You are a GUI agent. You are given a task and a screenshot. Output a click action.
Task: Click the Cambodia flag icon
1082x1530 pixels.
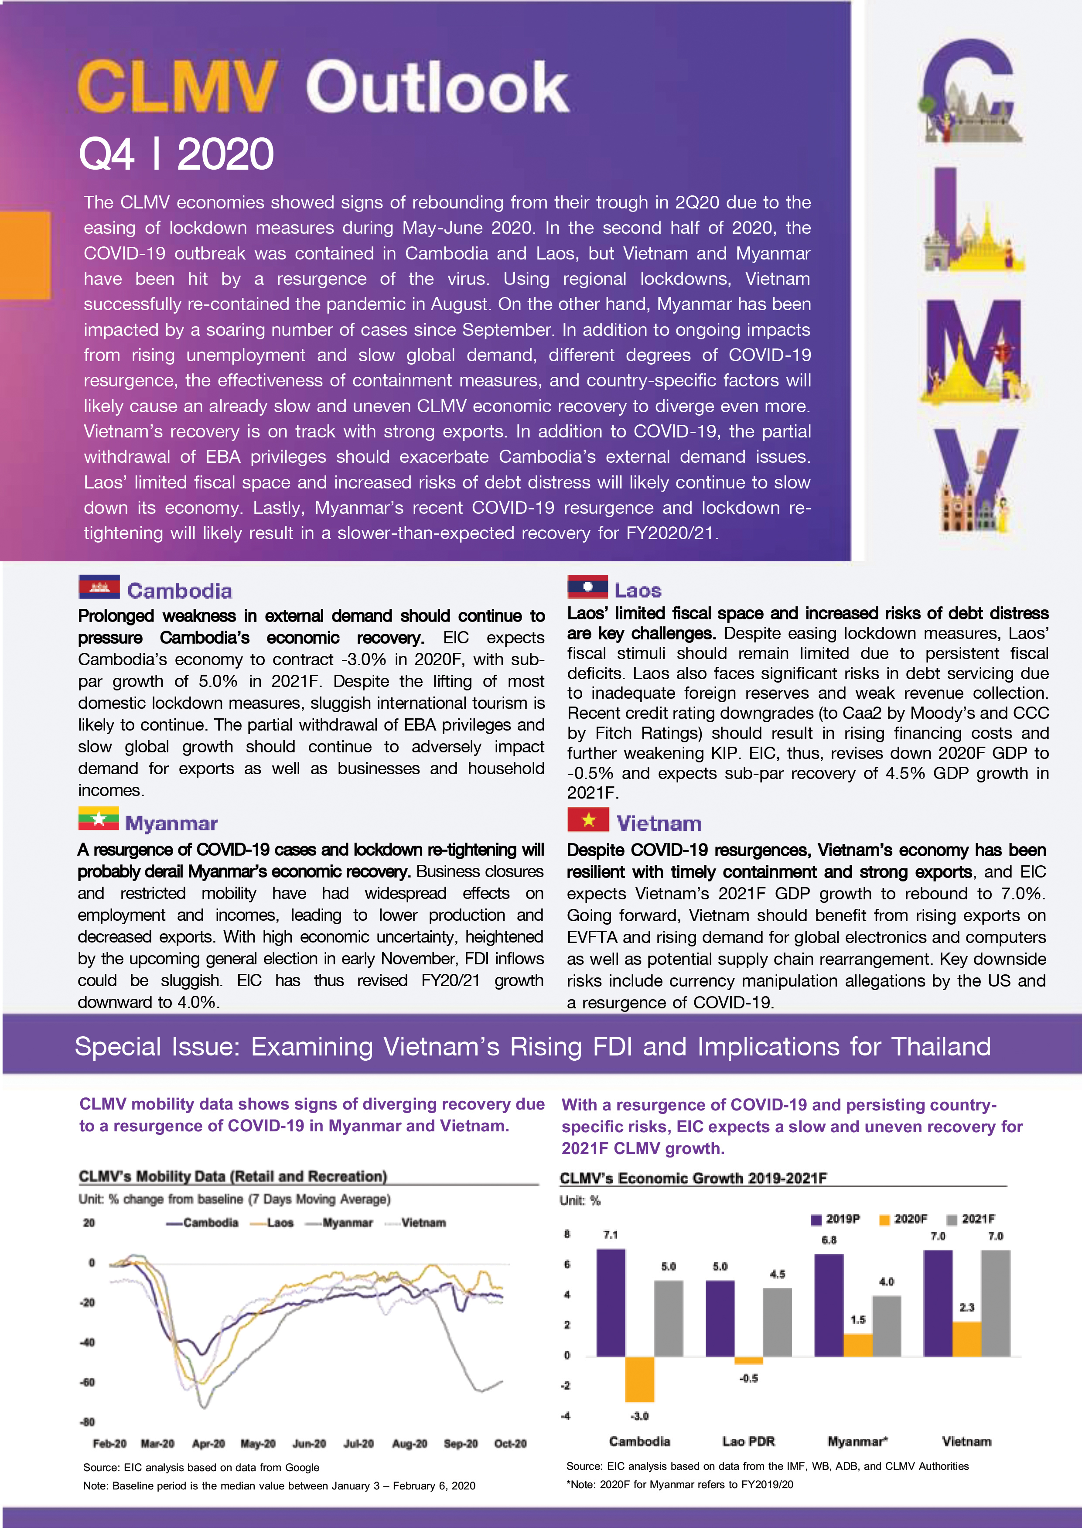[99, 587]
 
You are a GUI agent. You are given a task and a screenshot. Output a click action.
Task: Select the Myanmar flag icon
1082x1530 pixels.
[98, 818]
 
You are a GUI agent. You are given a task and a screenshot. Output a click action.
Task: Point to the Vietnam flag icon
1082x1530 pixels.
[587, 819]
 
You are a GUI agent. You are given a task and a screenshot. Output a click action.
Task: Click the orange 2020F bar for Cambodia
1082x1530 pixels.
[639, 1379]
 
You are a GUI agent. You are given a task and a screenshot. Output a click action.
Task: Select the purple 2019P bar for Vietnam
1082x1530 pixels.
[937, 1303]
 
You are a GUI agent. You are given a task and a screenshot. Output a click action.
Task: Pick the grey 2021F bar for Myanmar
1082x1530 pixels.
[886, 1326]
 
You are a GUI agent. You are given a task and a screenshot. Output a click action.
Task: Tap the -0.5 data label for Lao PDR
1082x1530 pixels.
[748, 1378]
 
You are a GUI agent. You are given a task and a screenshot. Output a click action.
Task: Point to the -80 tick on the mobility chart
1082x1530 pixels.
[87, 1421]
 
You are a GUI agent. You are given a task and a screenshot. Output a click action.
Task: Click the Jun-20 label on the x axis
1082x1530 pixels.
[309, 1443]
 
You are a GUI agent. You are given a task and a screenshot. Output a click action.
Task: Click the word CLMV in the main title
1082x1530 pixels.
[177, 87]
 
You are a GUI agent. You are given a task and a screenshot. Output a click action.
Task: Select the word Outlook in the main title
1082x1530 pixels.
[437, 87]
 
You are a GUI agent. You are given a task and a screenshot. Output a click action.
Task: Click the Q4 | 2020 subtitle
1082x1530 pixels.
[176, 154]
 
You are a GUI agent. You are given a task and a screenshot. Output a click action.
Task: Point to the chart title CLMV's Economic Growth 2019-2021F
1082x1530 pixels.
[693, 1178]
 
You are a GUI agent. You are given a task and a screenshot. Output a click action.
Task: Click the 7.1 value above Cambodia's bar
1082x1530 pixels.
[610, 1235]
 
